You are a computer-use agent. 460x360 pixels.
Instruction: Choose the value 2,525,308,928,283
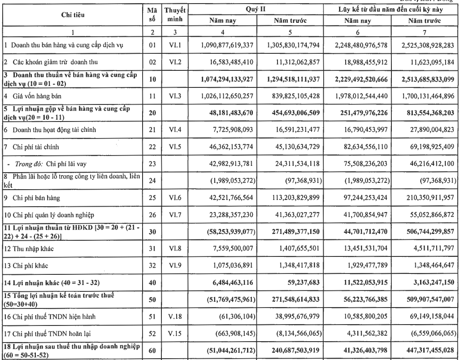pyautogui.click(x=422, y=46)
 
